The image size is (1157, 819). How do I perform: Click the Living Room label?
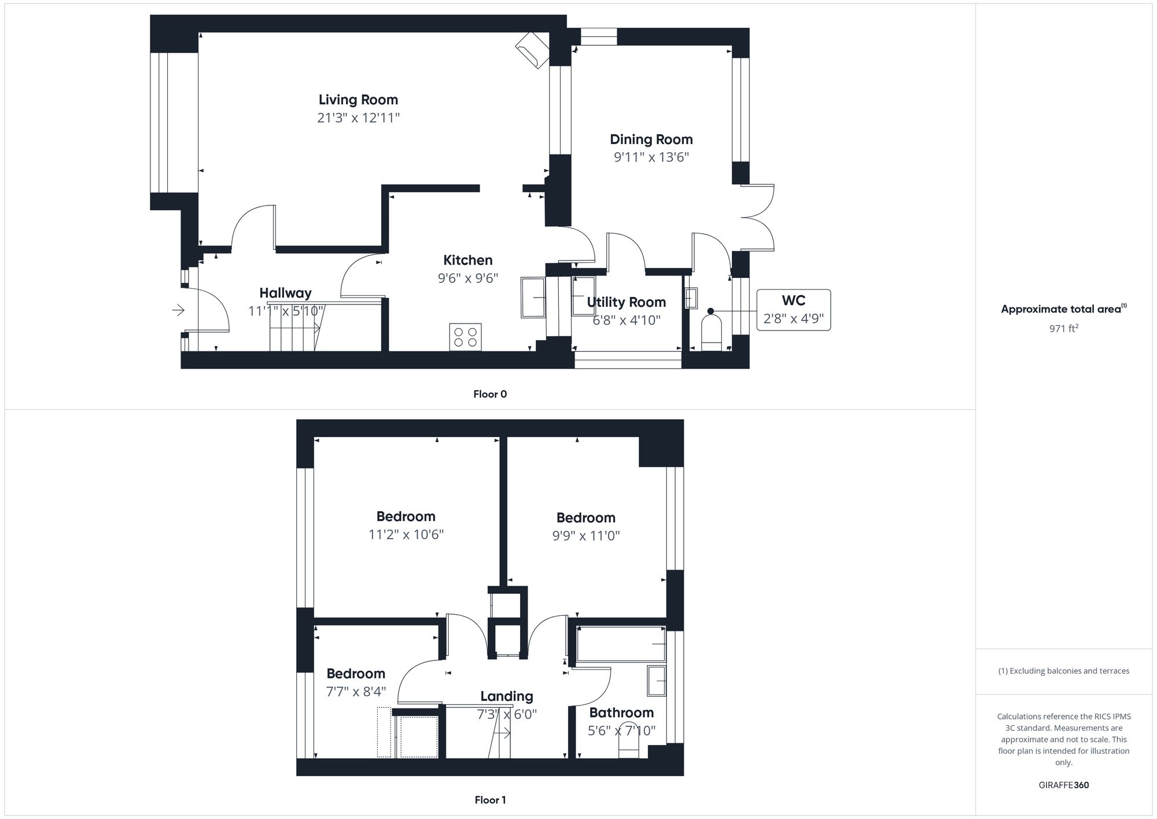click(358, 100)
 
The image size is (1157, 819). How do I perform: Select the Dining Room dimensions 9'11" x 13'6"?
click(651, 157)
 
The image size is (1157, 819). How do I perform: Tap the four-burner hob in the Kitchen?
click(465, 337)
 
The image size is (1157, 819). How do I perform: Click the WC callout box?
click(793, 310)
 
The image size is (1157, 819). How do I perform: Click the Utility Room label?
click(626, 302)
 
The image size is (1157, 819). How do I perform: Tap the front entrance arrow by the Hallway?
click(178, 311)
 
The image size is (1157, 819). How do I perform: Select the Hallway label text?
click(285, 293)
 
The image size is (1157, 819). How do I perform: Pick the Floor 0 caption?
click(490, 394)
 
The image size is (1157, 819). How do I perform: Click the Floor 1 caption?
click(490, 800)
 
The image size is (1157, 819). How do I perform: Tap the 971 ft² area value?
click(1063, 328)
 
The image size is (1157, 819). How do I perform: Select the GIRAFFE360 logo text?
click(1063, 785)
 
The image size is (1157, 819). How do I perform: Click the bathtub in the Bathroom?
click(620, 644)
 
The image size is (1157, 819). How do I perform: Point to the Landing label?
click(506, 696)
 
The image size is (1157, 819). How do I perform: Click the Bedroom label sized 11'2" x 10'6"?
click(406, 516)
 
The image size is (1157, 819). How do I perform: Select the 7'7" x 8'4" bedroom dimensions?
click(356, 692)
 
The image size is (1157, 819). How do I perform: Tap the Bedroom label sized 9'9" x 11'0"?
click(585, 517)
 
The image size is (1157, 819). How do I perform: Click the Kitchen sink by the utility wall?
click(533, 298)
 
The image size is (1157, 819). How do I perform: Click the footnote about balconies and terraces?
click(1063, 671)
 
